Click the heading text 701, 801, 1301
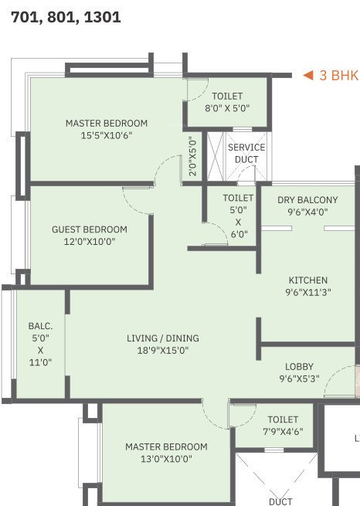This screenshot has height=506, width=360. click(x=66, y=16)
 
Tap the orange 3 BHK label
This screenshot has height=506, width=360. click(x=339, y=76)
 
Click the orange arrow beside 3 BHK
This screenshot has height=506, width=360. click(x=307, y=76)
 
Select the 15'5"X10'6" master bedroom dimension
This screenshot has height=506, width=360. click(x=106, y=136)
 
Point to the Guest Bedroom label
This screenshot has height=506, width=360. click(x=90, y=229)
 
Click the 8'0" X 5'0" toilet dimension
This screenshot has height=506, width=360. click(x=227, y=108)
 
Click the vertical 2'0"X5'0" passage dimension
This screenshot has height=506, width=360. click(x=193, y=157)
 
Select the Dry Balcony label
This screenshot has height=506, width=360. click(x=307, y=200)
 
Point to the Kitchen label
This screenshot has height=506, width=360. click(x=308, y=280)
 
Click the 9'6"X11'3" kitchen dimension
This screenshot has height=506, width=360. click(x=308, y=293)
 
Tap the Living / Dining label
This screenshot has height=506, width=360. click(x=163, y=338)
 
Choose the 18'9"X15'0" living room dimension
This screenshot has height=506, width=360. click(x=163, y=350)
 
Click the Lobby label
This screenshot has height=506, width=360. click(x=298, y=367)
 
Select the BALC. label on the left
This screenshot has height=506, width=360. click(x=39, y=326)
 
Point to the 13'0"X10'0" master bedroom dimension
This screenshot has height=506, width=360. click(x=166, y=459)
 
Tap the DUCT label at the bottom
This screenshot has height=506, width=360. click(x=280, y=501)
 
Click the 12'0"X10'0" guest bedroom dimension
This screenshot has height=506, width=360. click(x=90, y=242)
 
